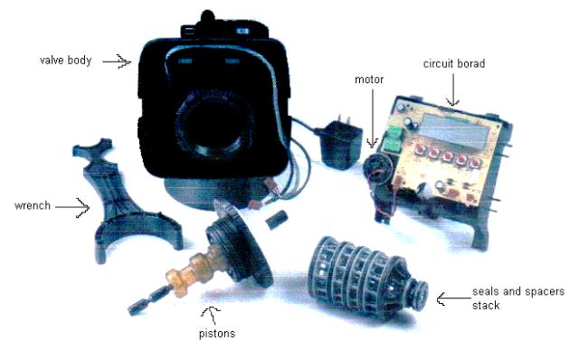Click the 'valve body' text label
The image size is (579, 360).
tap(66, 61)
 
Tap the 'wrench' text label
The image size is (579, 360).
tap(33, 205)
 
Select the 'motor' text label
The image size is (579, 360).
tap(369, 80)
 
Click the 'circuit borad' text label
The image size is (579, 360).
tap(454, 64)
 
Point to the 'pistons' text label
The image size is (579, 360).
tap(217, 334)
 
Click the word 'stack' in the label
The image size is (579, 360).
tap(486, 306)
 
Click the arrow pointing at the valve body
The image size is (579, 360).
tap(117, 62)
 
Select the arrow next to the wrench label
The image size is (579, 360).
tap(72, 207)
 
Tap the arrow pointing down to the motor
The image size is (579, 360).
tap(372, 118)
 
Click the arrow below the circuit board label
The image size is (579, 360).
tap(453, 90)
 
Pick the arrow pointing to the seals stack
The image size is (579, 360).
tap(453, 298)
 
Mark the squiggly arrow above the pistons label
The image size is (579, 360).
tap(211, 315)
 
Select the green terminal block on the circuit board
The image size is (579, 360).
tap(393, 139)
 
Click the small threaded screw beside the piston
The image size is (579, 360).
tap(276, 219)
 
